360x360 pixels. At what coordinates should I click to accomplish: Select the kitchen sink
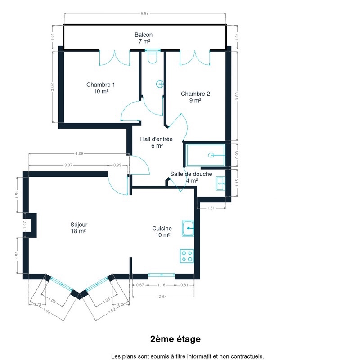tap(188, 229)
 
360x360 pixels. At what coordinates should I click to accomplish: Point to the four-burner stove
tap(187, 256)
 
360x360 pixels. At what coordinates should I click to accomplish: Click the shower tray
tap(206, 155)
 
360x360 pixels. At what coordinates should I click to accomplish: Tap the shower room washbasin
tap(220, 184)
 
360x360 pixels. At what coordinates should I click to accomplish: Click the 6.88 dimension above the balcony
tap(144, 13)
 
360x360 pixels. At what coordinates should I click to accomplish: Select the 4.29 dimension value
tap(79, 153)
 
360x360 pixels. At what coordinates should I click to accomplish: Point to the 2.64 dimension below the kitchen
tap(163, 297)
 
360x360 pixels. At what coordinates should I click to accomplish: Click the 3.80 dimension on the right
tap(237, 96)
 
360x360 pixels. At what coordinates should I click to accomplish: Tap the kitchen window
tap(162, 275)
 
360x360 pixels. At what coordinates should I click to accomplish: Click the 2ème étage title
tap(175, 339)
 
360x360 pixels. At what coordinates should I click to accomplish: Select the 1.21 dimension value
tap(211, 208)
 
